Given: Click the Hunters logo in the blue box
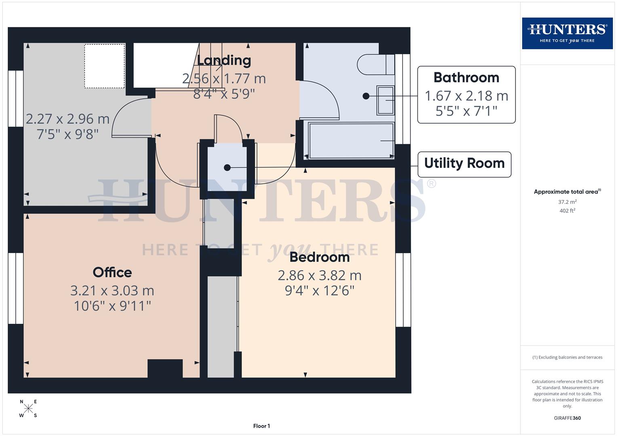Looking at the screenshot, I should point(567,33).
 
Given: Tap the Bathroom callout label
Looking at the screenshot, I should point(466,78).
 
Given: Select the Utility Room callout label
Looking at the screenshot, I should point(464,163).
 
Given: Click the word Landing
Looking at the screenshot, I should point(224,61).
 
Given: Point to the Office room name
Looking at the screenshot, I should point(112,272).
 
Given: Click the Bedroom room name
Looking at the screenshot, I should point(319,257).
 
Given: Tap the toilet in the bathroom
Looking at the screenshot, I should point(375,64).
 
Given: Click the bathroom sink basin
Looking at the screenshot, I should point(385,100).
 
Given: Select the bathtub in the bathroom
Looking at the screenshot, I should point(351,140).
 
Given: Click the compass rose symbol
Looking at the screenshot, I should point(28,409).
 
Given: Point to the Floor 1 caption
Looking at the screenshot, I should point(261,426).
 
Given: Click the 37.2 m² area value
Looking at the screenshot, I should point(567,202).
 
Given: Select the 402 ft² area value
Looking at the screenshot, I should point(567,211).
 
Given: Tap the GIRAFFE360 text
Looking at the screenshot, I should point(567,418).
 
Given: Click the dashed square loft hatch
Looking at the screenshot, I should point(104,66).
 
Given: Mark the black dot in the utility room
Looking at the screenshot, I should point(227,168).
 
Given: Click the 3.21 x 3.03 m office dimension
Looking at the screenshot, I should point(112,291).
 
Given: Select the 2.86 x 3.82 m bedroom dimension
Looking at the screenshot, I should point(319,275).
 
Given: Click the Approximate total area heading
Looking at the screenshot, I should point(567,192).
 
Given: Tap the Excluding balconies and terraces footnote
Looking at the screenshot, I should point(567,357).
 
